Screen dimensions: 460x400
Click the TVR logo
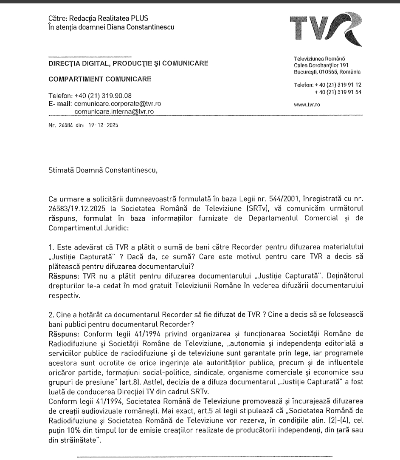(x=325, y=29)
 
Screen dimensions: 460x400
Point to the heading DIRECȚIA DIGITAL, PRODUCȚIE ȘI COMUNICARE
(x=127, y=64)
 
